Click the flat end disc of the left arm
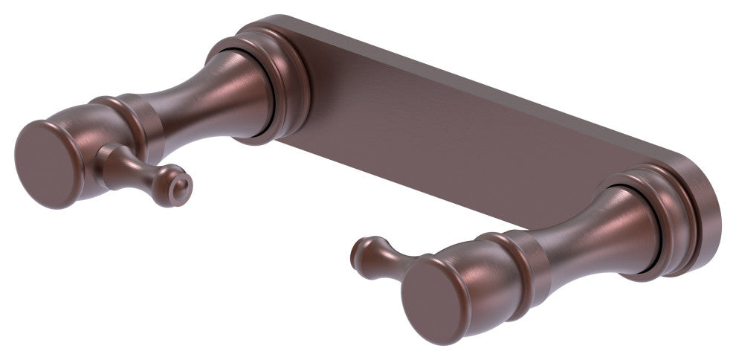(46, 163)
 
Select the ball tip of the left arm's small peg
(178, 192)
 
